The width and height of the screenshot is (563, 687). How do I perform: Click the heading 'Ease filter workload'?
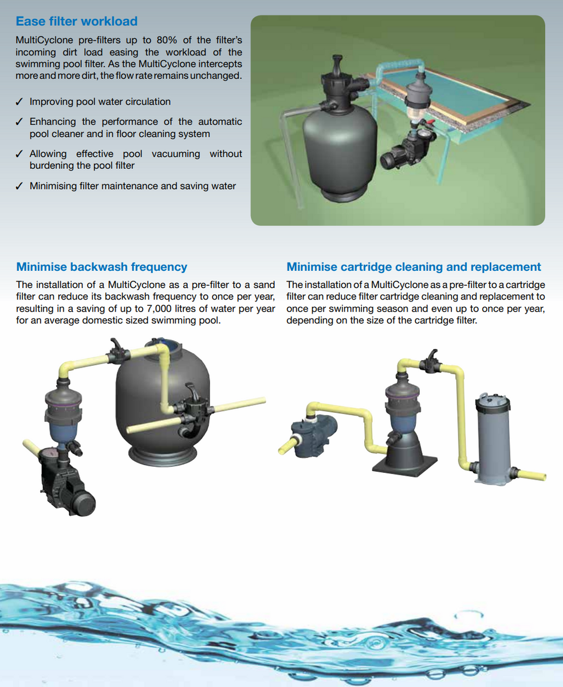[x=77, y=22]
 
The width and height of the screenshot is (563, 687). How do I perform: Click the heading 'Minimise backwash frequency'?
[x=101, y=267]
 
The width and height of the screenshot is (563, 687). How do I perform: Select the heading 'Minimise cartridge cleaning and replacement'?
[x=414, y=267]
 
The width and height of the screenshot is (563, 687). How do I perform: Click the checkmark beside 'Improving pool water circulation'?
[x=19, y=102]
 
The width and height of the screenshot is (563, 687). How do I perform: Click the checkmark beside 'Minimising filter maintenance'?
[x=19, y=186]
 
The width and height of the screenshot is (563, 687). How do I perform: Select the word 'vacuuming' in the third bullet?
[x=176, y=154]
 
